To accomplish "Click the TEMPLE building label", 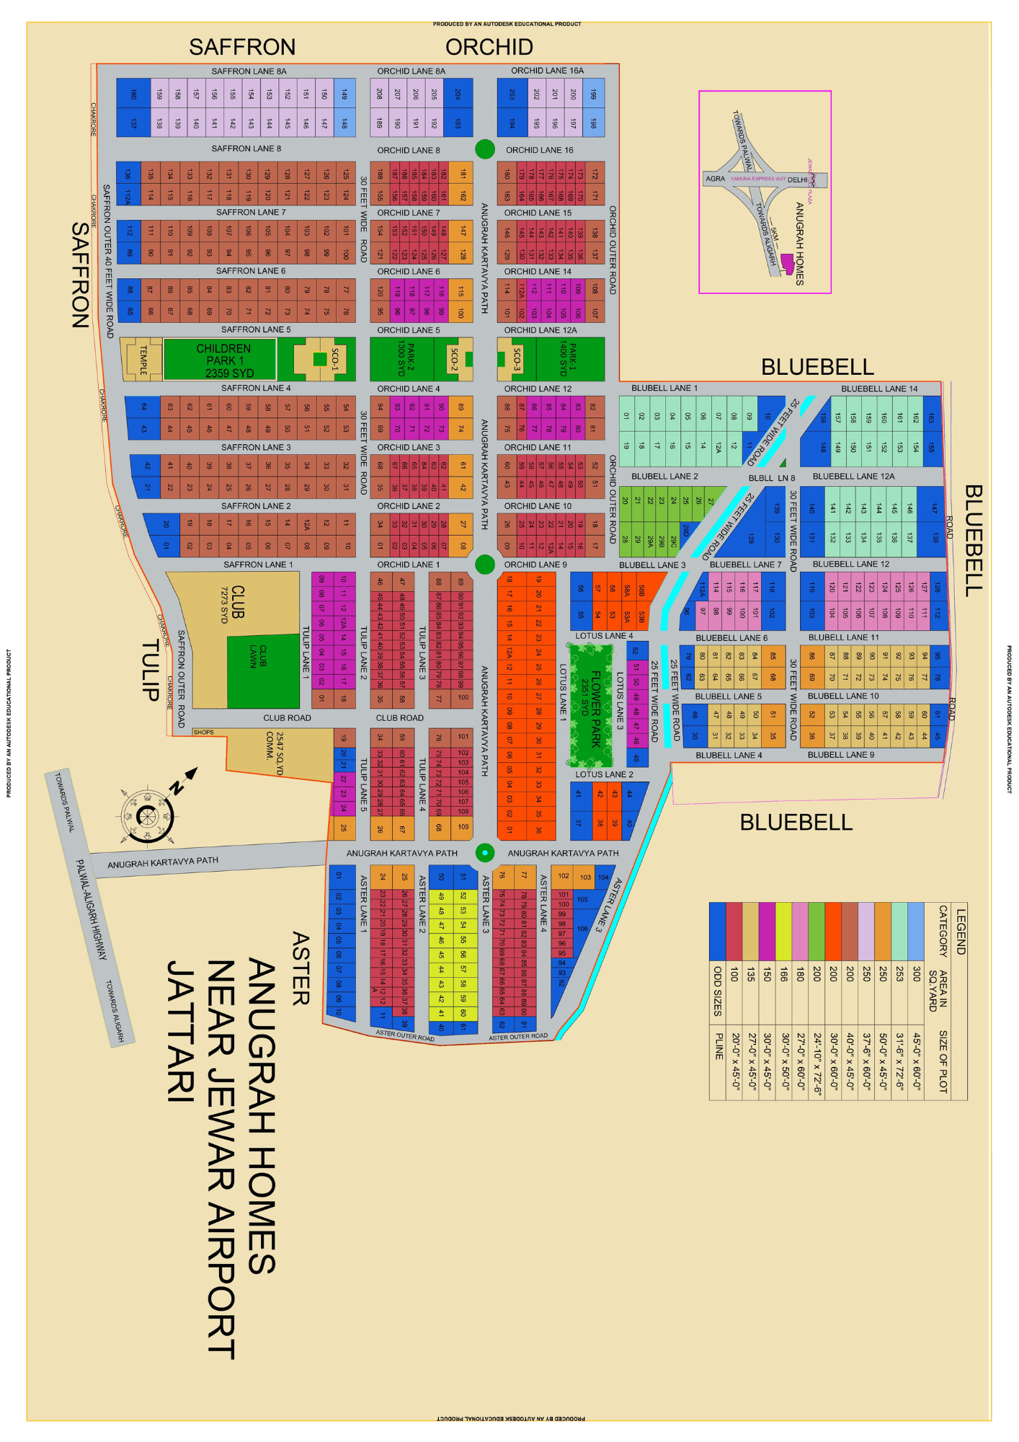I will point(143,360).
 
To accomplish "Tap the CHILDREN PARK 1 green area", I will point(220,360).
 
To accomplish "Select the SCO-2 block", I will point(455,358).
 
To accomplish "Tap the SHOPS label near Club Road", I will point(203,732).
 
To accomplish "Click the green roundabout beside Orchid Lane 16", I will point(485,149).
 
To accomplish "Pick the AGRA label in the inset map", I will point(716,179).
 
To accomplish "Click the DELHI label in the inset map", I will point(798,179).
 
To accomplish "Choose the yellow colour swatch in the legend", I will point(783,931).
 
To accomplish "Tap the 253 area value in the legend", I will point(899,973).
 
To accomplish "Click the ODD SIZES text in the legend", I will point(717,991).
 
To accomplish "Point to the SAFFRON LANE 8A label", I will point(249,71).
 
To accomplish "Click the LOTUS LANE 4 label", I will point(604,636).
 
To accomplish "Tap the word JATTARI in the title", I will point(181,1031).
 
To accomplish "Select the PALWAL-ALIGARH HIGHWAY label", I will point(92,910).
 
